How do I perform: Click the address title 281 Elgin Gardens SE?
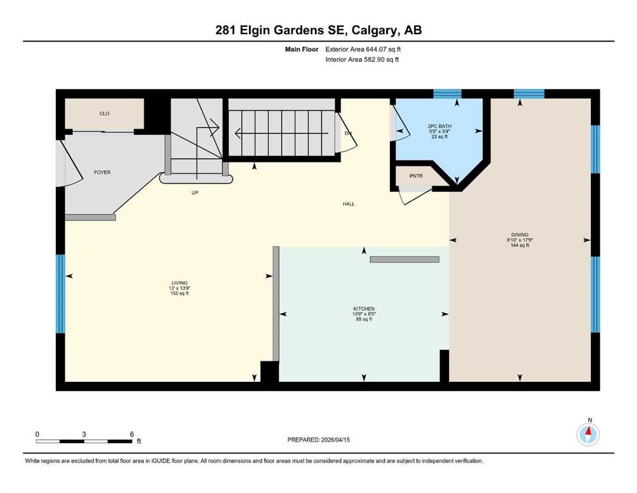click(x=318, y=30)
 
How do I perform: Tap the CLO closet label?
click(x=104, y=114)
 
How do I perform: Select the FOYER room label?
click(x=102, y=172)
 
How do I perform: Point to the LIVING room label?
click(x=180, y=282)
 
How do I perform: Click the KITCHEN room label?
click(x=364, y=309)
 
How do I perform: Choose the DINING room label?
click(x=520, y=235)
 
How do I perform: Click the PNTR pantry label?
click(x=416, y=175)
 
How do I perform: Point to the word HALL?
click(x=348, y=204)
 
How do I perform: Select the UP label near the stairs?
click(x=194, y=193)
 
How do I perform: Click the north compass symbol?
click(x=588, y=435)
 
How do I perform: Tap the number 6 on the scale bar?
click(x=132, y=434)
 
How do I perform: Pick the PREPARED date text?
click(x=318, y=440)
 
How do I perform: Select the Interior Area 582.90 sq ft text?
click(x=364, y=59)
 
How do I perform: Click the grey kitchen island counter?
click(x=404, y=259)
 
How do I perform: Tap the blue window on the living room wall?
click(x=60, y=294)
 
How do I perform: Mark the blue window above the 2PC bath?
click(x=447, y=94)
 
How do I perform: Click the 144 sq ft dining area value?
click(x=520, y=245)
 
